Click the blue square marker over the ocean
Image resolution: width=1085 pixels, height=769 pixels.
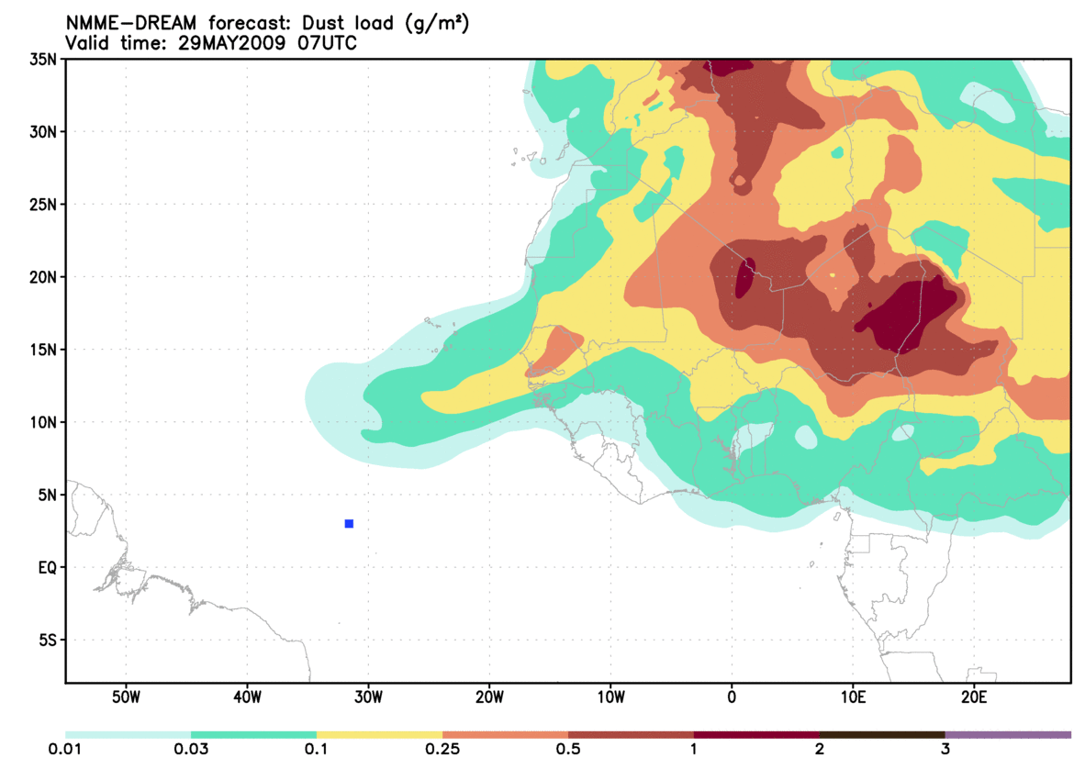point(349,523)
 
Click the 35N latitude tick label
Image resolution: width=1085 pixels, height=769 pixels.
point(44,59)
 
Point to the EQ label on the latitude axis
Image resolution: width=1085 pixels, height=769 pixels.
point(47,567)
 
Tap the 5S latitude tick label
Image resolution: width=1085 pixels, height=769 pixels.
point(47,640)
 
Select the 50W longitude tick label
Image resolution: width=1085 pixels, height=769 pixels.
point(125,697)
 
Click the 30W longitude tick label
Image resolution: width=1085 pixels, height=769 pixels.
point(368,697)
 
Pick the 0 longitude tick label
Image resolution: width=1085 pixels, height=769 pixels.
point(732,697)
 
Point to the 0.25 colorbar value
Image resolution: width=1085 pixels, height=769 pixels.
point(442,750)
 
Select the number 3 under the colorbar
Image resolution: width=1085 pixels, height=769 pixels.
point(945,750)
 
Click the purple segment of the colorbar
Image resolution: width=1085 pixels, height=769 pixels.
point(1008,734)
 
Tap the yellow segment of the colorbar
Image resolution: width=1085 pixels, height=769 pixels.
point(379,734)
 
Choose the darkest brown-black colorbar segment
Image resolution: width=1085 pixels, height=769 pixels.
point(882,734)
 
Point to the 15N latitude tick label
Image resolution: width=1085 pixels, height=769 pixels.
point(44,350)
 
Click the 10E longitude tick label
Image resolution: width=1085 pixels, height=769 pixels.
point(853,697)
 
